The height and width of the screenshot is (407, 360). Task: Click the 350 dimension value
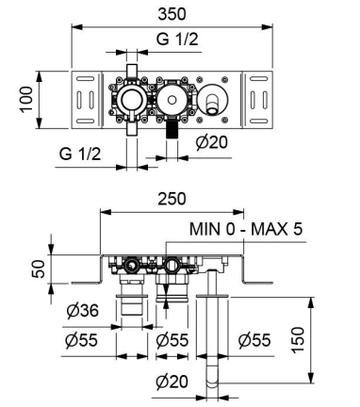[x=172, y=14]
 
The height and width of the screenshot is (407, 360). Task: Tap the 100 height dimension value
[x=26, y=99]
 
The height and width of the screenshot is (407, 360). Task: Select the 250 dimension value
[x=172, y=199]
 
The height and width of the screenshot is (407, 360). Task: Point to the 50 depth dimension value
[x=39, y=269]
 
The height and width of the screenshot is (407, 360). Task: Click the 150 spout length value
[x=298, y=340]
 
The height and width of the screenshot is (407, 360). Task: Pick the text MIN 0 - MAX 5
[x=246, y=229]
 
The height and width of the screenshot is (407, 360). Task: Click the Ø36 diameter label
[x=82, y=311]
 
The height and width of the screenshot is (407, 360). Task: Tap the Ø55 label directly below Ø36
[x=81, y=340]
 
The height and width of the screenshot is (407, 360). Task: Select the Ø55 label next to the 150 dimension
[x=254, y=340]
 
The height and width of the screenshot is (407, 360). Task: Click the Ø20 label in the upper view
[x=211, y=142]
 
